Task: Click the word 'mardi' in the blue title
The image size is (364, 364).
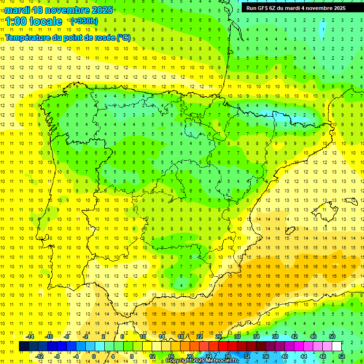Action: tap(18, 10)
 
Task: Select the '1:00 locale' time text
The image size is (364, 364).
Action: tap(34, 21)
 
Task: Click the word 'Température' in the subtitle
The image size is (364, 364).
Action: tap(28, 37)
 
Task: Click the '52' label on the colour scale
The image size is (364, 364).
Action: tap(341, 356)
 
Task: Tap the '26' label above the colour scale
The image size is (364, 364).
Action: tap(218, 337)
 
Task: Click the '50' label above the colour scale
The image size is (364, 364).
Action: tap(332, 337)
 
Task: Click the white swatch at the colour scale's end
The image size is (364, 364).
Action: tap(337, 346)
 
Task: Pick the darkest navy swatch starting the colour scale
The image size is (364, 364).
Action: tap(24, 346)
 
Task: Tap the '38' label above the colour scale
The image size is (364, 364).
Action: tap(275, 337)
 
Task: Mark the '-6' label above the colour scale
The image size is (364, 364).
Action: tap(67, 337)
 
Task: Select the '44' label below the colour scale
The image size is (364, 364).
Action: tap(303, 356)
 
